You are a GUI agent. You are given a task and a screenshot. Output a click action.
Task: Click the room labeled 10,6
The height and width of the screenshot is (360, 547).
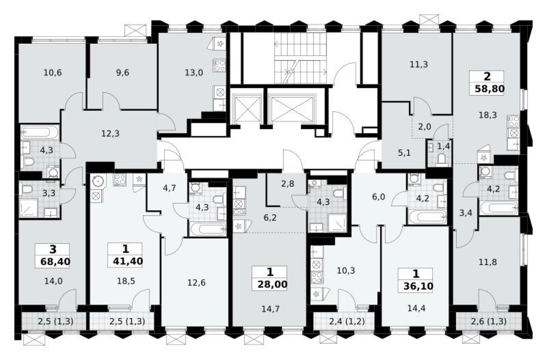tap(52, 73)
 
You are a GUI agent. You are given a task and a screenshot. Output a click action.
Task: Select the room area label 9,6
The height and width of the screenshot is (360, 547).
tap(122, 73)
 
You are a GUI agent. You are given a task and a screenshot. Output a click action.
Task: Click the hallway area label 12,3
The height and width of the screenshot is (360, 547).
tap(111, 133)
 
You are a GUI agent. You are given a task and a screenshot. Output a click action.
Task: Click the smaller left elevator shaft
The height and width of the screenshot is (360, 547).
tap(247, 108)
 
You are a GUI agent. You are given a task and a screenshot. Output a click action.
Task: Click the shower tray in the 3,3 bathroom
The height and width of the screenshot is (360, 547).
tap(30, 209)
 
